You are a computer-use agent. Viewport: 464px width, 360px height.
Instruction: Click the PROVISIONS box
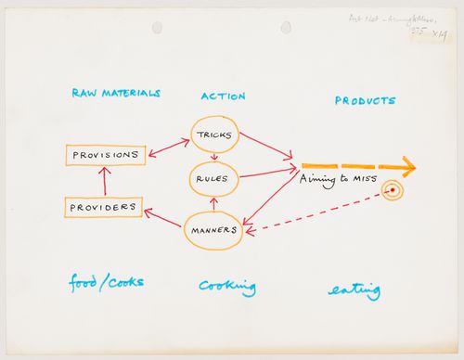(105, 154)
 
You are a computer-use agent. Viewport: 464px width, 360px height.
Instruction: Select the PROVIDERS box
(103, 207)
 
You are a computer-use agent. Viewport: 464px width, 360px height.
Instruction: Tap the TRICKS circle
(214, 135)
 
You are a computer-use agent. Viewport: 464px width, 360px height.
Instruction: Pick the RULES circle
(214, 177)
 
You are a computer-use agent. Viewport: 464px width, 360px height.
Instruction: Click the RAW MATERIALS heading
(116, 94)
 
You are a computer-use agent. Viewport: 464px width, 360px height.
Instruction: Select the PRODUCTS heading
(365, 100)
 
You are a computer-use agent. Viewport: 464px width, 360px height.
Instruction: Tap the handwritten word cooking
(226, 287)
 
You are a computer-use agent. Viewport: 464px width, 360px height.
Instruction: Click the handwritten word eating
(354, 291)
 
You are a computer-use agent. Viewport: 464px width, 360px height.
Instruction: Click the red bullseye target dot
(392, 191)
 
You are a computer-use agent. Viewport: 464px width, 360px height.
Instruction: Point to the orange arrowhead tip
(413, 168)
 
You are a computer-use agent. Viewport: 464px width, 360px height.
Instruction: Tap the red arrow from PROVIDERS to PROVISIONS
(105, 180)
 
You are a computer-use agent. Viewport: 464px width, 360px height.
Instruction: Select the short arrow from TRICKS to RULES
(214, 156)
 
